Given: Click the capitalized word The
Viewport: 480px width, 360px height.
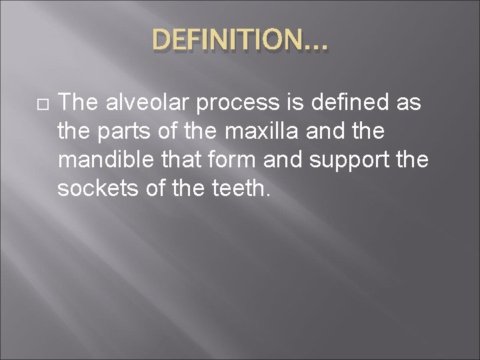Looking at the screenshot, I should (x=77, y=103).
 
